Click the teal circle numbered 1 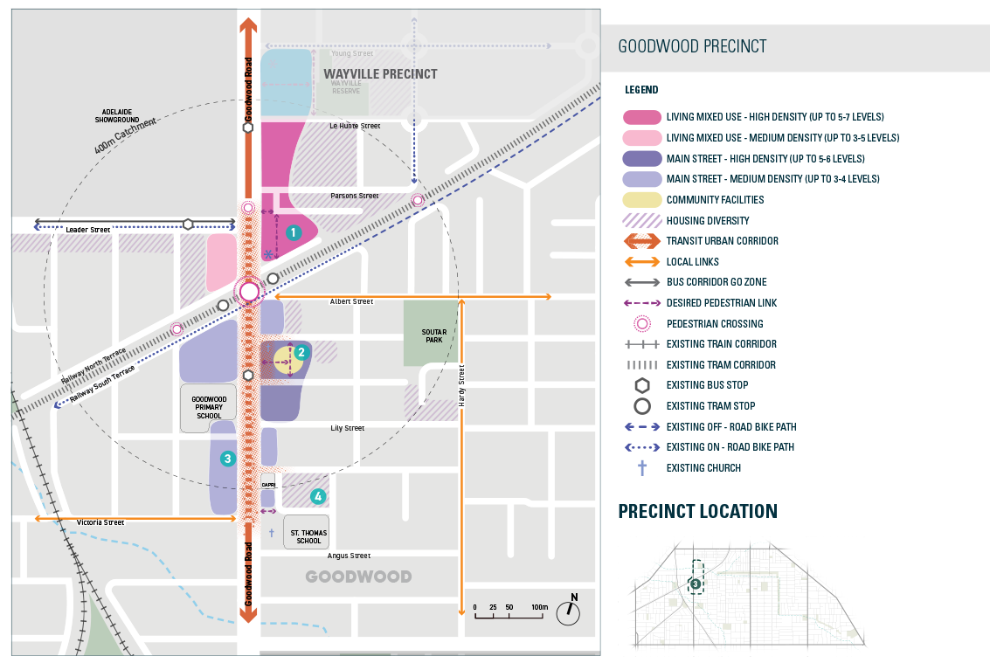[x=294, y=232]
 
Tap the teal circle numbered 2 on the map [x=301, y=353]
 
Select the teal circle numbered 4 [x=318, y=496]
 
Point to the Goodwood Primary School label [x=209, y=407]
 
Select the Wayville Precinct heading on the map [x=380, y=74]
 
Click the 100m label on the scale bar [x=538, y=606]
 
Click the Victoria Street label [x=100, y=522]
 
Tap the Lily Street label [x=347, y=428]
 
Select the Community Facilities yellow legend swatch [x=641, y=200]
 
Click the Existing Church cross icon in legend [x=641, y=468]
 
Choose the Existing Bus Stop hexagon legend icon [x=641, y=385]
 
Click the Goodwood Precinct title [x=692, y=47]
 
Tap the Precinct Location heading [x=697, y=512]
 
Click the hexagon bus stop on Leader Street [x=188, y=224]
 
